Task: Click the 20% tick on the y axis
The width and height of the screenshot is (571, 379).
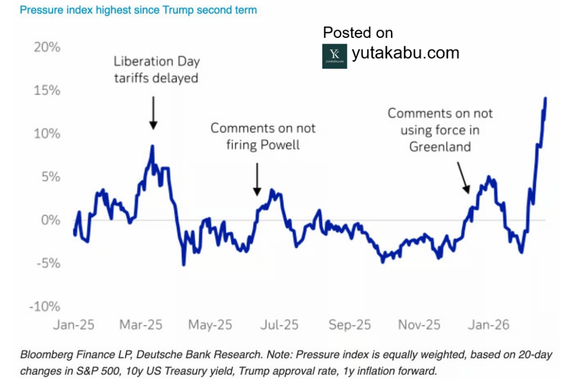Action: pyautogui.click(x=47, y=47)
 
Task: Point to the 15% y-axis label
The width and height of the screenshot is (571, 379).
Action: pyautogui.click(x=47, y=90)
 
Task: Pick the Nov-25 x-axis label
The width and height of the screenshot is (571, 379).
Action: pyautogui.click(x=420, y=324)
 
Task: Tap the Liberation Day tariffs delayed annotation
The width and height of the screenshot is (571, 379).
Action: pyautogui.click(x=156, y=70)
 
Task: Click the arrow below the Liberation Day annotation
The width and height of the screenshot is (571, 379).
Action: pyautogui.click(x=153, y=111)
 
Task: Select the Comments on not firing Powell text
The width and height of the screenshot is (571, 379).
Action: pyautogui.click(x=263, y=136)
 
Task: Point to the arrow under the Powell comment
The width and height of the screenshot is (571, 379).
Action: pyautogui.click(x=257, y=179)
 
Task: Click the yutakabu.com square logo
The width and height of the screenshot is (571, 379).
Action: pyautogui.click(x=335, y=56)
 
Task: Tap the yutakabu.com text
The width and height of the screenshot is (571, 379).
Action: pyautogui.click(x=405, y=53)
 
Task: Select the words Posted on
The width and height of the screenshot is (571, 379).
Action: pyautogui.click(x=358, y=32)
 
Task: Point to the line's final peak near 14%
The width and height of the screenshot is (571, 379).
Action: pyautogui.click(x=545, y=98)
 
